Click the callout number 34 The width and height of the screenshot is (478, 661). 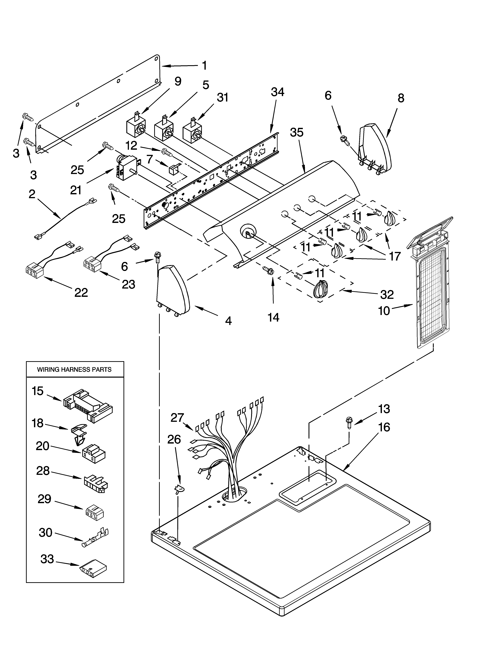277,92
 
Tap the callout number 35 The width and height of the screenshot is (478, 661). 297,133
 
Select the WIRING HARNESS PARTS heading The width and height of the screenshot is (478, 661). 74,370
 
